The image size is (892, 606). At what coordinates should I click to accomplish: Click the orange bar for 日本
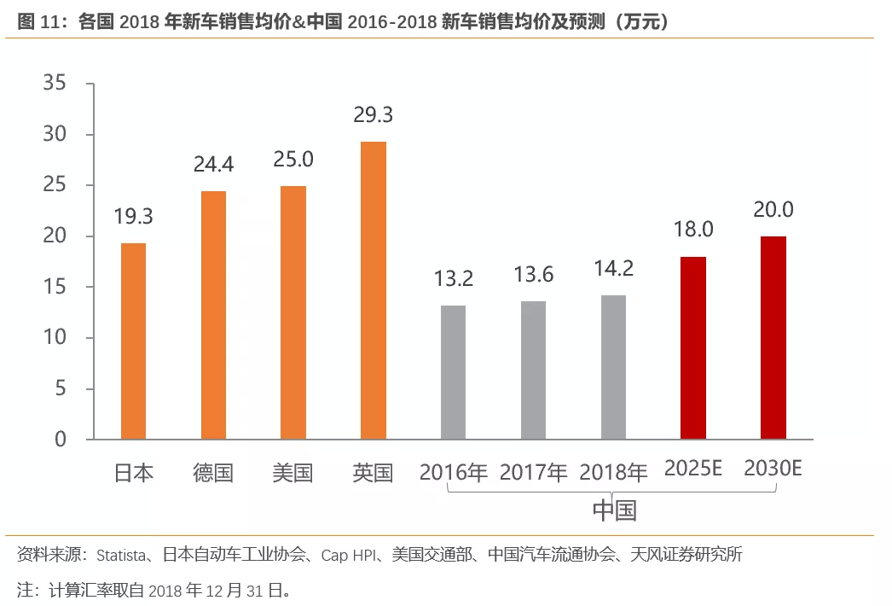click(x=133, y=341)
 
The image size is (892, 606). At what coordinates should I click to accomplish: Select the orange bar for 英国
click(x=374, y=290)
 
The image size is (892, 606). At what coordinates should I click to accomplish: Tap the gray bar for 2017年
click(x=533, y=370)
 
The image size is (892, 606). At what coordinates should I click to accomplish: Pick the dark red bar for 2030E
click(x=773, y=338)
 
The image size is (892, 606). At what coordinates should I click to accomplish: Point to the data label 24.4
click(x=213, y=164)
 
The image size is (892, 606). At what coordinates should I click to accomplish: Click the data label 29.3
click(x=374, y=114)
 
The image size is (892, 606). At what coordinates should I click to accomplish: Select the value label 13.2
click(x=453, y=278)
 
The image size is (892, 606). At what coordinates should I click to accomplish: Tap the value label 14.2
click(x=613, y=268)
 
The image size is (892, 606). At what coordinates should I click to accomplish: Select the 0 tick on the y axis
click(x=60, y=440)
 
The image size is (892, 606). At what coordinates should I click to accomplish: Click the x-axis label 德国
click(x=213, y=473)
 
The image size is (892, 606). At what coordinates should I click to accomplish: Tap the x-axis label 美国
click(x=293, y=473)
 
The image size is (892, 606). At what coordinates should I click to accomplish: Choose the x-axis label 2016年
click(x=453, y=472)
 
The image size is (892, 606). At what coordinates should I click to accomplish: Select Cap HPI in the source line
click(x=346, y=556)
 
